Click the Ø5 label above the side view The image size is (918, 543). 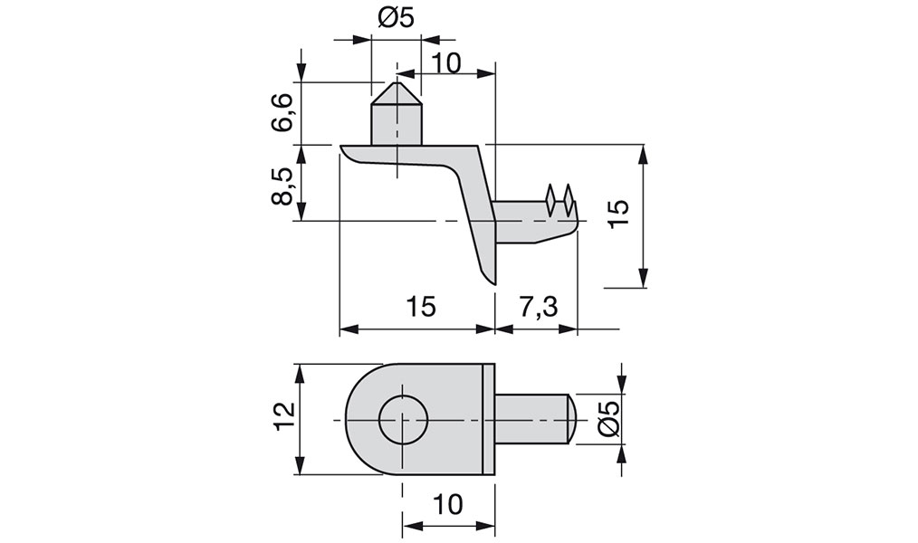tap(396, 18)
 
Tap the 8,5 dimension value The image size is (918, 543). tap(283, 186)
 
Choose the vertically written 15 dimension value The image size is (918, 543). tap(619, 214)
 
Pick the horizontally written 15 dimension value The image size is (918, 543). tap(421, 307)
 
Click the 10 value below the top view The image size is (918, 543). tap(448, 504)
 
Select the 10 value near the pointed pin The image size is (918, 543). tap(447, 62)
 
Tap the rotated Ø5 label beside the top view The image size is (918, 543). tap(608, 419)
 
